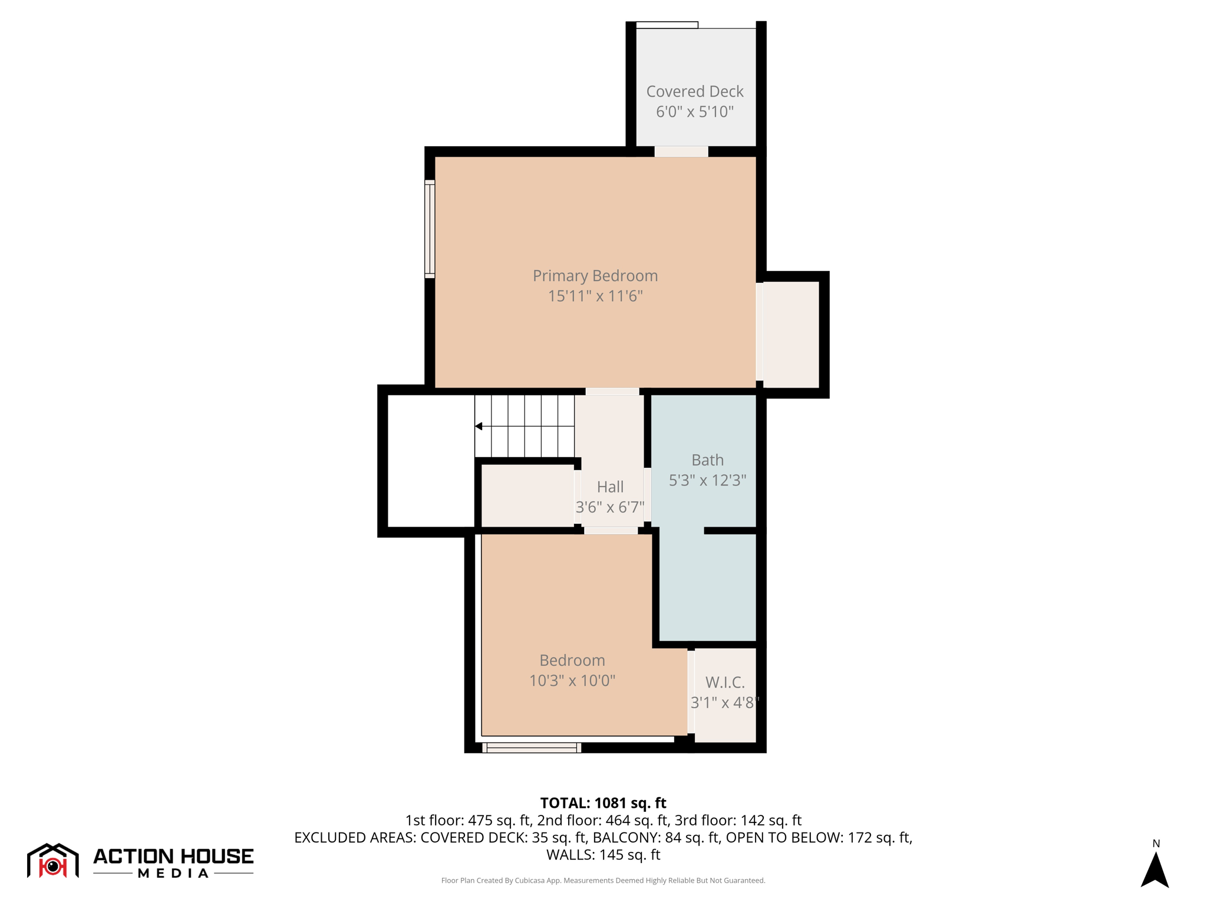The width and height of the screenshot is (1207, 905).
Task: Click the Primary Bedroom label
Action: coord(595,276)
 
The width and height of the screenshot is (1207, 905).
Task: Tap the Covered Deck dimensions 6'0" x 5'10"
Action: coord(695,112)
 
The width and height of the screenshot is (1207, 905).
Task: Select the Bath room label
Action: coord(707,460)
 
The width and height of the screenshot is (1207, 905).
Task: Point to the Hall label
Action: coord(610,487)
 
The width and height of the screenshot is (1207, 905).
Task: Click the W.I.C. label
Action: coord(725,682)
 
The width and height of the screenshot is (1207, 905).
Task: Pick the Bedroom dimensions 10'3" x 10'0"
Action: coord(572,681)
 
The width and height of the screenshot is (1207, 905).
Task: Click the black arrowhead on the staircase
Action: coord(479,426)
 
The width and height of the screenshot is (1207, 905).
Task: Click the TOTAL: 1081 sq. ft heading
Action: coord(603,803)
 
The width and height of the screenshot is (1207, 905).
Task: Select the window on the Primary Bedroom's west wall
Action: coord(430,229)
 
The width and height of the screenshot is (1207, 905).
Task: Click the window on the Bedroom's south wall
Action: coord(532,748)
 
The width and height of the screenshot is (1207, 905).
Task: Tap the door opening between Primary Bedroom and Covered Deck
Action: coord(681,151)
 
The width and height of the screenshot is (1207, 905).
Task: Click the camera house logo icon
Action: coord(53,861)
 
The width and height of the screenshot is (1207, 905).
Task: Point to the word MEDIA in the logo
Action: coord(173,873)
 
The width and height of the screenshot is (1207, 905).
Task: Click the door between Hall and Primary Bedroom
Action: coord(612,392)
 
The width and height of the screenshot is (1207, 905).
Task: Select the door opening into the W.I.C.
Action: coord(691,692)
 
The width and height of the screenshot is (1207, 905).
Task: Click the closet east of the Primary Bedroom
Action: coord(791,334)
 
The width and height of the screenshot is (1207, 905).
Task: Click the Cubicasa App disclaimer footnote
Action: coord(603,880)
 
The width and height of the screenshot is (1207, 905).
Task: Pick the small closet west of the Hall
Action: coord(527,496)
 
